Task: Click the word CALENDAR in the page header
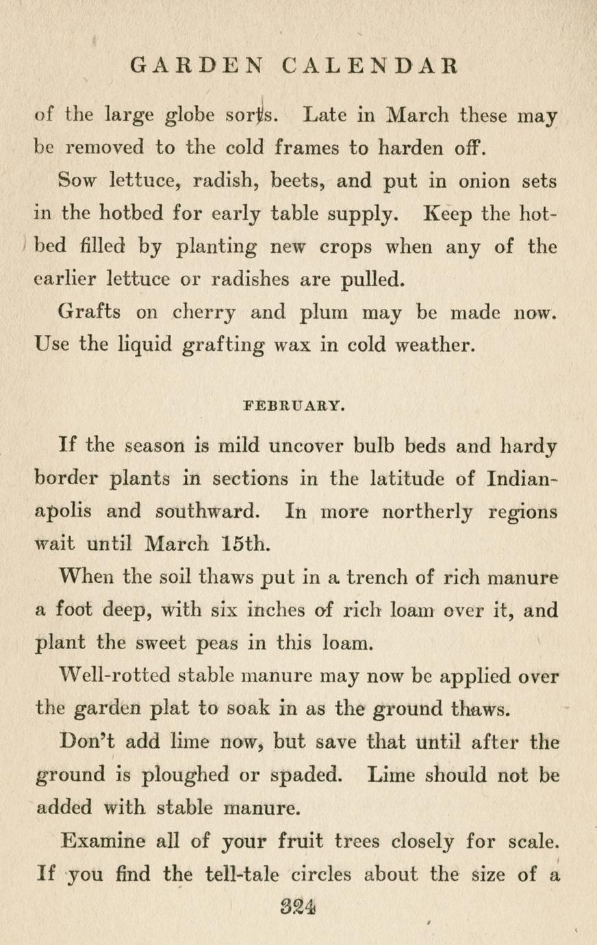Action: pos(369,66)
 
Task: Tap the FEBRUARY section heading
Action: pos(293,405)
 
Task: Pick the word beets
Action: pos(296,181)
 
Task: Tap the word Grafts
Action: pos(90,312)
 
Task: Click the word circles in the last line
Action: pos(321,874)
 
